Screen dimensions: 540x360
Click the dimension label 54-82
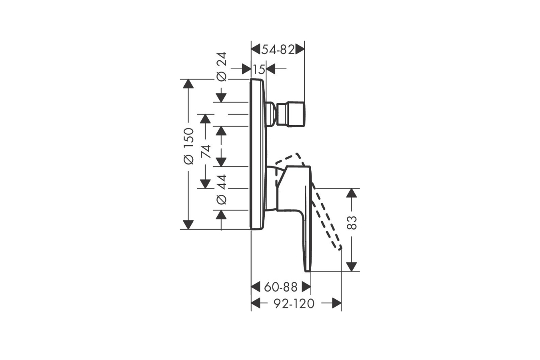(x=278, y=50)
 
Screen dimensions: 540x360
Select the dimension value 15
(x=259, y=70)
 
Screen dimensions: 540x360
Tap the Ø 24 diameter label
(x=221, y=66)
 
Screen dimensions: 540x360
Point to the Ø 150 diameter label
(x=188, y=146)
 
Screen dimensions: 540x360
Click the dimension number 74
(x=206, y=152)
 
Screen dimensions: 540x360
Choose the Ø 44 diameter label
(x=221, y=190)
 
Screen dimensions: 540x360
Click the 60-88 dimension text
(x=281, y=287)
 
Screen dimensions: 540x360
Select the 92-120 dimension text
(x=294, y=304)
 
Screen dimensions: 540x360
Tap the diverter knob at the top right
(x=291, y=114)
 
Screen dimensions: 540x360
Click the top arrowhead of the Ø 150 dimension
(x=188, y=84)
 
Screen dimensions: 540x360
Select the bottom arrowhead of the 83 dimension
(x=351, y=267)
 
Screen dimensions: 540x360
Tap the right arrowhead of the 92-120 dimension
(x=337, y=303)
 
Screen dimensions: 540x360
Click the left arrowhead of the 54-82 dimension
(x=256, y=49)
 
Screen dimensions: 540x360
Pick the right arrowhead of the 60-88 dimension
(x=306, y=287)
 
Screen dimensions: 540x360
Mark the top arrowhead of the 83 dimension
(x=351, y=193)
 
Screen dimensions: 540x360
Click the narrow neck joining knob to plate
(x=271, y=114)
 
